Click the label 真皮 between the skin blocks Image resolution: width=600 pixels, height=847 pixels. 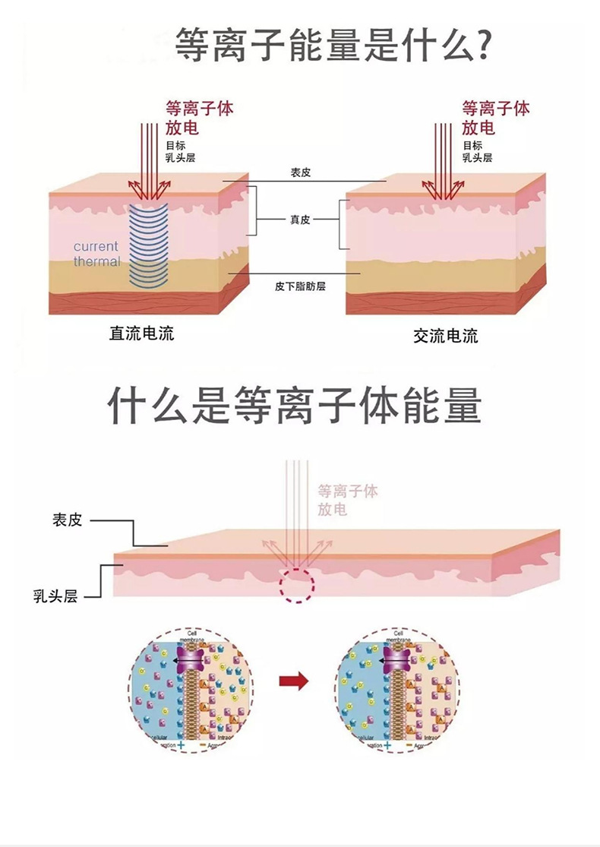pos(300,220)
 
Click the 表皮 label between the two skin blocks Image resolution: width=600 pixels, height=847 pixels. pos(300,172)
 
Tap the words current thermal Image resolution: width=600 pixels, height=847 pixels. pos(96,254)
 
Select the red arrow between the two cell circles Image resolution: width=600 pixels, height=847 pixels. pos(294,681)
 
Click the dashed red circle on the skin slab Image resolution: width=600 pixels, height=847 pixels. pos(294,586)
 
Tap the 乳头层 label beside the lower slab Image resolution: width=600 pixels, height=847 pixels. pos(55,596)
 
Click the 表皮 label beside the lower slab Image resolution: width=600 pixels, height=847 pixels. pos(67,520)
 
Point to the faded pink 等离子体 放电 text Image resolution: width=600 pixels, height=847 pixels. pos(347,500)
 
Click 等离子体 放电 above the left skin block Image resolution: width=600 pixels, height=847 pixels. pos(199,117)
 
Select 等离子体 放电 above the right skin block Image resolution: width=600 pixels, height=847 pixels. pos(496,117)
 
